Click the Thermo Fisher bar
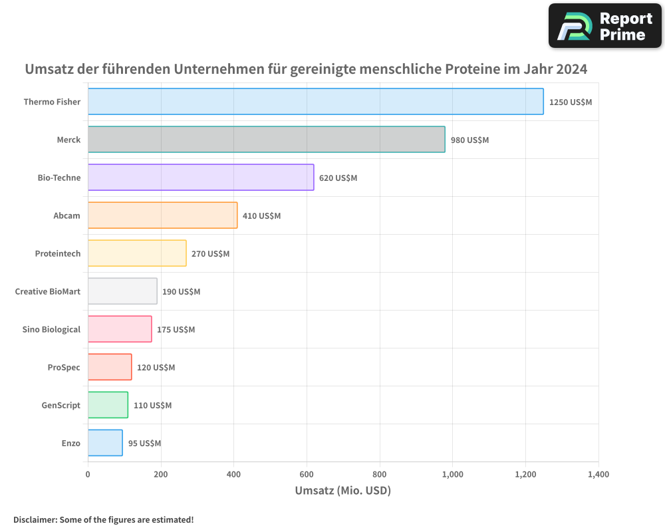(x=315, y=102)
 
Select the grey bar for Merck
(x=266, y=140)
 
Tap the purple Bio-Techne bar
(x=200, y=178)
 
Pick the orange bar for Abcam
(x=162, y=215)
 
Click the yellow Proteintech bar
(x=137, y=253)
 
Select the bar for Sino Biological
(x=120, y=329)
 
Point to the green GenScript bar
(x=108, y=405)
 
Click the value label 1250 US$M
(x=570, y=102)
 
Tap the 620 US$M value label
(x=338, y=178)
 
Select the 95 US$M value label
(x=144, y=444)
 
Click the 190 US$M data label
(x=181, y=292)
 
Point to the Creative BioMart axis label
(x=47, y=291)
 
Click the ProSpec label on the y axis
(x=64, y=367)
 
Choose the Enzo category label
(x=71, y=443)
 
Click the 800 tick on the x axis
(x=380, y=475)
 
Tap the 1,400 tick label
(x=598, y=475)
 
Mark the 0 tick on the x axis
(x=88, y=475)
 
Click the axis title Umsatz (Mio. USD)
(x=342, y=491)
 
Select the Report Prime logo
(x=604, y=26)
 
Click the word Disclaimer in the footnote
(x=34, y=519)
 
